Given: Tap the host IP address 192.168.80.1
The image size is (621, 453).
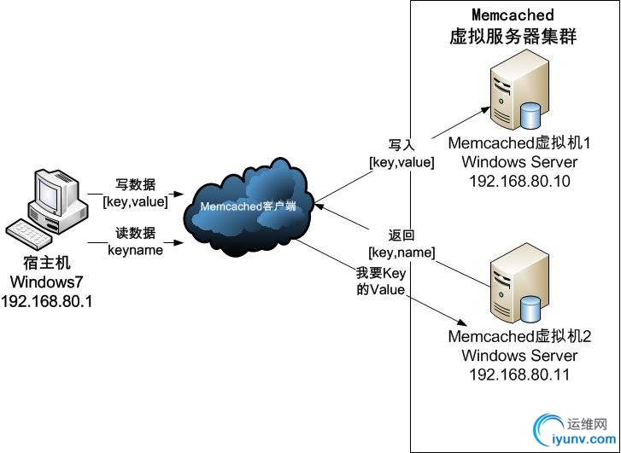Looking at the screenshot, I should pyautogui.click(x=48, y=300).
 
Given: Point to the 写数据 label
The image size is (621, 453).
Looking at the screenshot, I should pyautogui.click(x=135, y=184).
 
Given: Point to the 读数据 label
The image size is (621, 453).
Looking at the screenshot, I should pyautogui.click(x=135, y=234).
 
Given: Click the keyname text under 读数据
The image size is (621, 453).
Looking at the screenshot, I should pyautogui.click(x=135, y=250).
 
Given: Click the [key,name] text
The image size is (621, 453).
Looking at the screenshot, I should pyautogui.click(x=401, y=253).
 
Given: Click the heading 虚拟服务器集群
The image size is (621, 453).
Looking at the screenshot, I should pyautogui.click(x=513, y=37).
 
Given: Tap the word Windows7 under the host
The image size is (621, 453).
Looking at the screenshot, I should pyautogui.click(x=48, y=282).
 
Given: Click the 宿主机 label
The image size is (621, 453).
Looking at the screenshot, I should pyautogui.click(x=48, y=264).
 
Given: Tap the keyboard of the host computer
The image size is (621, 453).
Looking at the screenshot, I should pyautogui.click(x=30, y=233).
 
